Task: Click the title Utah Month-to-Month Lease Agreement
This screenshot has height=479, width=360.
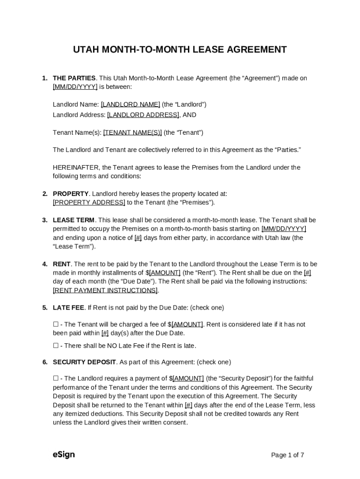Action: (180, 50)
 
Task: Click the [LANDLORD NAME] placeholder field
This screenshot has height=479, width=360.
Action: (130, 104)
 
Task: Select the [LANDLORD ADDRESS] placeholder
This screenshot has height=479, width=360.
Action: (143, 115)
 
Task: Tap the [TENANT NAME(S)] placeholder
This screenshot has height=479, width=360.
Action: (132, 132)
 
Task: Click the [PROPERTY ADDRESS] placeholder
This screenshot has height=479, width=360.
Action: (89, 203)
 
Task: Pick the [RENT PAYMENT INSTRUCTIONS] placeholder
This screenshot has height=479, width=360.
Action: (105, 290)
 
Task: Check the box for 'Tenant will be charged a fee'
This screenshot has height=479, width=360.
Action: (56, 324)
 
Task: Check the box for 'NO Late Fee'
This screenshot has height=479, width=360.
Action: (56, 346)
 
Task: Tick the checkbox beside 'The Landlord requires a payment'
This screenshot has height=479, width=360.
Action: (56, 378)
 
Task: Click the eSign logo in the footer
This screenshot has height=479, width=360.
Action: (64, 455)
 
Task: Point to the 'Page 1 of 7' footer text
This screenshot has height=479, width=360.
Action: (288, 455)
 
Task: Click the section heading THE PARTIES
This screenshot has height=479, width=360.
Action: (74, 78)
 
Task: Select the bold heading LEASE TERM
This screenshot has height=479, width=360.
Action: (73, 220)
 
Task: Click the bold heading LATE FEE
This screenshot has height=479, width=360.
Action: (68, 308)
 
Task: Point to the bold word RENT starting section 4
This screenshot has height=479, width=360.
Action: (62, 264)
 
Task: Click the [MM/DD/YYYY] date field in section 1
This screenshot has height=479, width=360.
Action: (75, 87)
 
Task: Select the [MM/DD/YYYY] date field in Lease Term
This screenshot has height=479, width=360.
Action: (284, 229)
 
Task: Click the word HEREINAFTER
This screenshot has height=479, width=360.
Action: (76, 167)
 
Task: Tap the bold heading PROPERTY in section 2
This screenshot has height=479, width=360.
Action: (71, 194)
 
